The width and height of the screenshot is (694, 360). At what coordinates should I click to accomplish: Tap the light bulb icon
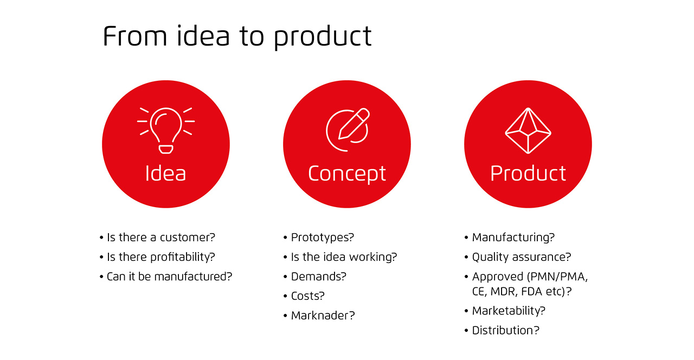[166, 131]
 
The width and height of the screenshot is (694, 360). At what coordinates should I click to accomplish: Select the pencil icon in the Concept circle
[354, 124]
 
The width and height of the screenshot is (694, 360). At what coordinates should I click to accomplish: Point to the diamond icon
[528, 131]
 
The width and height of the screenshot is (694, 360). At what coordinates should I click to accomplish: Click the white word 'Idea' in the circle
[165, 173]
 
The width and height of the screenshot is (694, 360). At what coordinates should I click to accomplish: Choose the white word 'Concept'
[347, 174]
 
